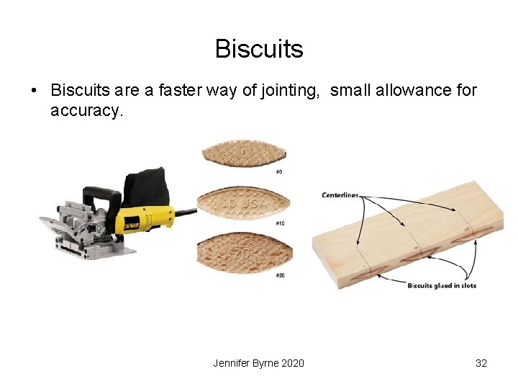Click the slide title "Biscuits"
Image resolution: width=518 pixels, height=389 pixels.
coord(258,49)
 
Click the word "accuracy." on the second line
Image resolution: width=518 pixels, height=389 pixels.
coord(87,111)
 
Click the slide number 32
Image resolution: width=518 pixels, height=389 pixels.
coord(481,363)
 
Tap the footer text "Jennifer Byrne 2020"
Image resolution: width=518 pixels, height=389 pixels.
coord(258,363)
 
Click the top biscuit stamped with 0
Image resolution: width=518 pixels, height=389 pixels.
coord(243,153)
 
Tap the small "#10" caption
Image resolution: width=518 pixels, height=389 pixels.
coord(279,223)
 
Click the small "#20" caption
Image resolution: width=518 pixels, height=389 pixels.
coord(279,275)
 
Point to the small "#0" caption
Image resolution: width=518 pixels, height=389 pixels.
coord(278,171)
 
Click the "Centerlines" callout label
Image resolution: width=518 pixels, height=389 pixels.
coord(340,195)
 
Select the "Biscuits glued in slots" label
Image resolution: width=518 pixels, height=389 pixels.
coord(442,286)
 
